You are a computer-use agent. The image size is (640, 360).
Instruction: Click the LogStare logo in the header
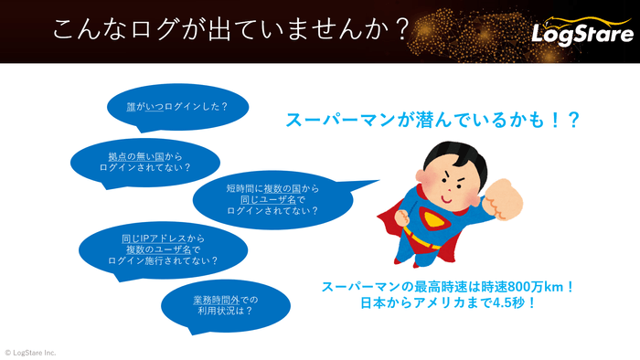pyautogui.click(x=582, y=33)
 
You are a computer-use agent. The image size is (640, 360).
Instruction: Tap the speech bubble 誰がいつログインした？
pyautogui.click(x=177, y=106)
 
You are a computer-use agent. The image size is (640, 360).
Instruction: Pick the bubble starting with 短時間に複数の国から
pyautogui.click(x=272, y=199)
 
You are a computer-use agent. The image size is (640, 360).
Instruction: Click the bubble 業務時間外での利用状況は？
pyautogui.click(x=222, y=304)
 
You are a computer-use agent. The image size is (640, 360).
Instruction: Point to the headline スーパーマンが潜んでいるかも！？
pyautogui.click(x=432, y=120)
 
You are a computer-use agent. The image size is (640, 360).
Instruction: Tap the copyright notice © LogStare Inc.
pyautogui.click(x=30, y=352)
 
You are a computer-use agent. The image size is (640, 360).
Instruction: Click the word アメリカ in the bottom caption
pyautogui.click(x=428, y=303)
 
